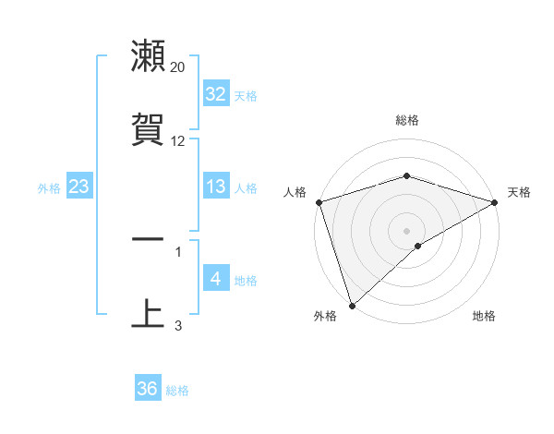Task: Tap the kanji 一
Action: [x=148, y=239]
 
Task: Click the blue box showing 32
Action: [x=215, y=94]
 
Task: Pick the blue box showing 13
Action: [x=215, y=187]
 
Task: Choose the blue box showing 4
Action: [x=215, y=279]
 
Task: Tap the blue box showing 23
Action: [x=78, y=187]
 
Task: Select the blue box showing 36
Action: [x=147, y=389]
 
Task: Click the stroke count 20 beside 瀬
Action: [x=178, y=67]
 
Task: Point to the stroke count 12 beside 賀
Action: [x=178, y=141]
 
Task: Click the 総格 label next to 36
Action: [x=177, y=391]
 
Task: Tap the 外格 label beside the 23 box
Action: [x=49, y=188]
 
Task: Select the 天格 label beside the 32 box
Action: [x=246, y=96]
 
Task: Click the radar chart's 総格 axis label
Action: [x=406, y=120]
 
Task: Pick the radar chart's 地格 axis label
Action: [x=484, y=316]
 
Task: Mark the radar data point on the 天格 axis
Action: [x=495, y=202]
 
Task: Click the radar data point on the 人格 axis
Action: [x=319, y=202]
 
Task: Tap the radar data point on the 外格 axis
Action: [x=352, y=306]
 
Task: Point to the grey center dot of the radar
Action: [x=406, y=230]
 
